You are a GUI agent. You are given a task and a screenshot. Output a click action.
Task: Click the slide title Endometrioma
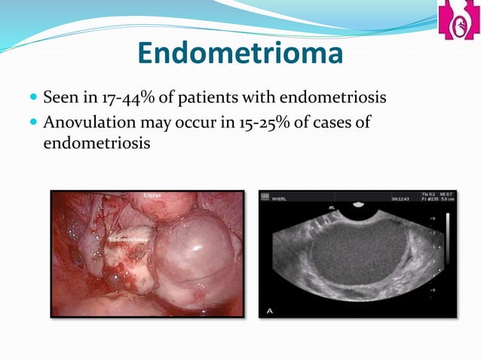pos(240,53)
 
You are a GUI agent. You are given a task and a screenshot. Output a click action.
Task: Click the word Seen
pos(58,98)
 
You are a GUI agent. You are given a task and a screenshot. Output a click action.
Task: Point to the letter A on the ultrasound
pos(268,309)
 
